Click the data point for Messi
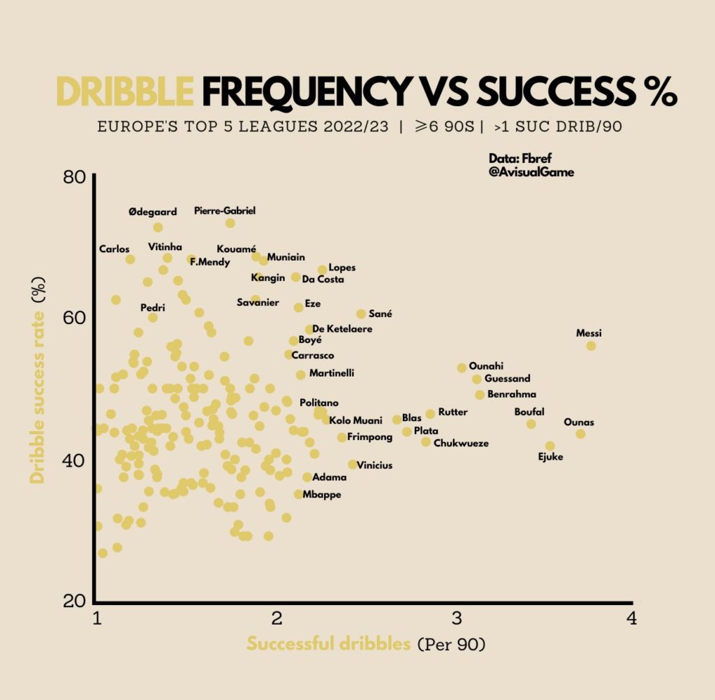(591, 346)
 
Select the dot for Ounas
(580, 434)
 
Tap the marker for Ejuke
(550, 446)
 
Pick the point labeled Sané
(361, 314)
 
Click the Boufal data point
(531, 424)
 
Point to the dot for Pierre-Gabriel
(230, 224)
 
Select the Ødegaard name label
(153, 212)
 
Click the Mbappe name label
(322, 495)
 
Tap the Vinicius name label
(374, 465)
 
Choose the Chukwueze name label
(461, 443)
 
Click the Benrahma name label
(511, 395)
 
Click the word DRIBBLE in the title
(124, 91)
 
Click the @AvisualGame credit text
(531, 172)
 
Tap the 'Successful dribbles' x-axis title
(328, 644)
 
